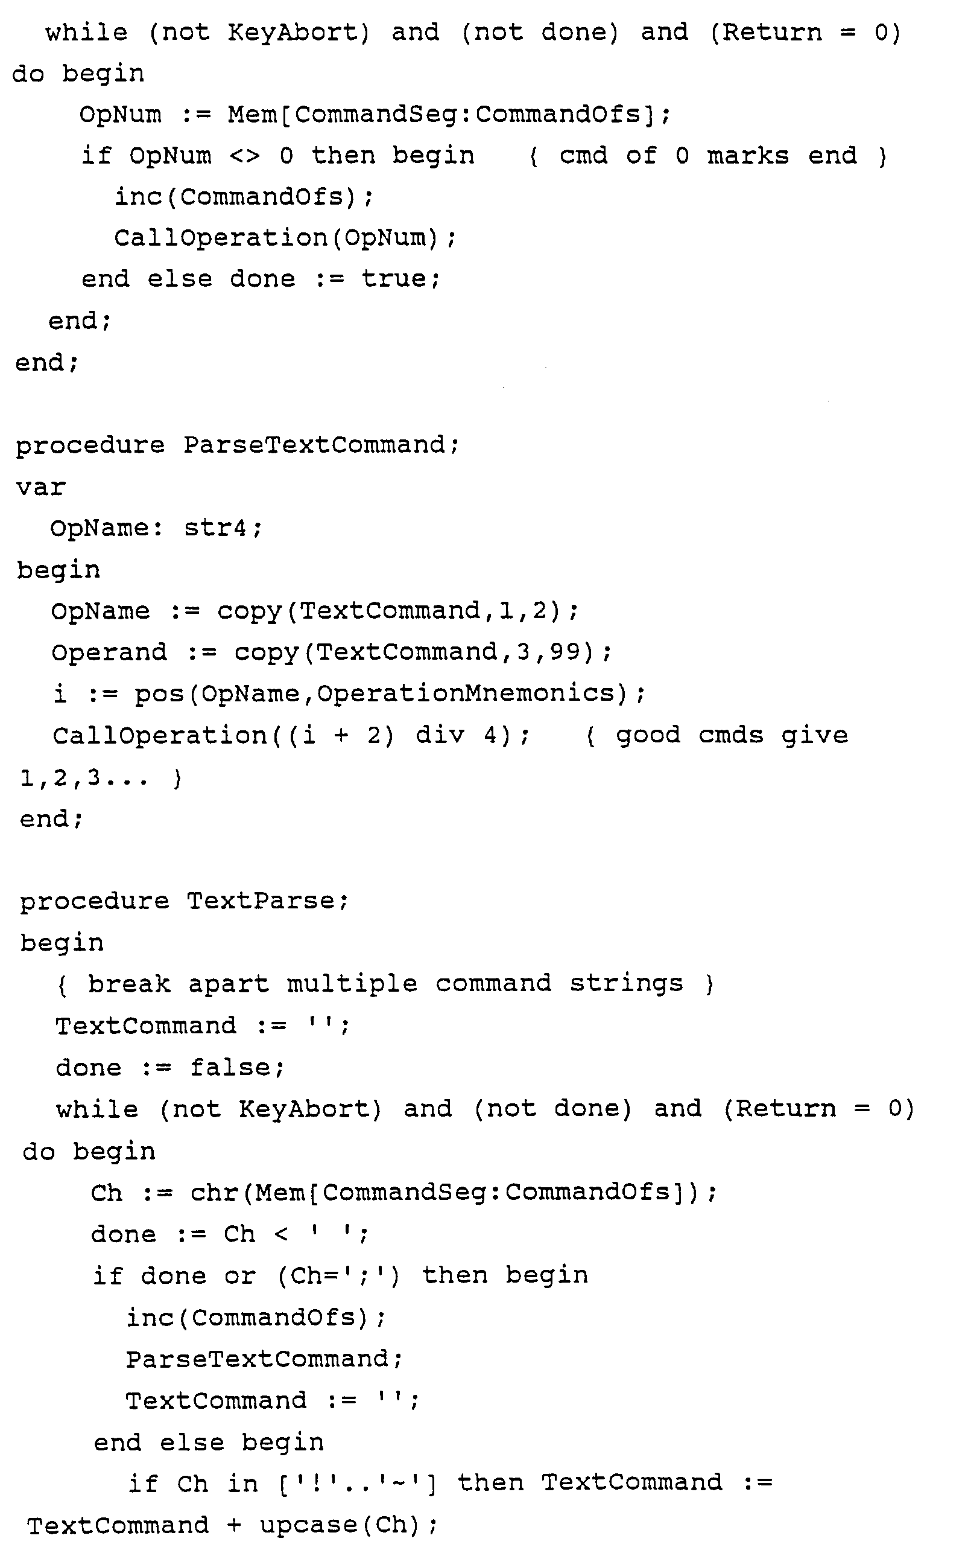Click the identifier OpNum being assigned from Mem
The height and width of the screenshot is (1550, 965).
[x=120, y=115]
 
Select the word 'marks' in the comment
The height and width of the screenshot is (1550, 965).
[x=747, y=156]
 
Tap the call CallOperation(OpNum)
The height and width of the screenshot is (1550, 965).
[x=285, y=238]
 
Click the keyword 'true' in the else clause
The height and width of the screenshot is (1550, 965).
[x=399, y=279]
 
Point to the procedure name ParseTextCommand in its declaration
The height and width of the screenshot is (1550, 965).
[x=315, y=445]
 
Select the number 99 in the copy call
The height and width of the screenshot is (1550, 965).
[x=566, y=652]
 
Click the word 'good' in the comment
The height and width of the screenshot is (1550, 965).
[x=648, y=735]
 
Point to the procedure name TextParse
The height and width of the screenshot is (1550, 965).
[x=261, y=901]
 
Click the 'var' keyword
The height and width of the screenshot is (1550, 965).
[x=41, y=487]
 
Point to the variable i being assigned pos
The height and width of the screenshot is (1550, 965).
[x=60, y=694]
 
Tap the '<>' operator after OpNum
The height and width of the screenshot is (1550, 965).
[x=245, y=156]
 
